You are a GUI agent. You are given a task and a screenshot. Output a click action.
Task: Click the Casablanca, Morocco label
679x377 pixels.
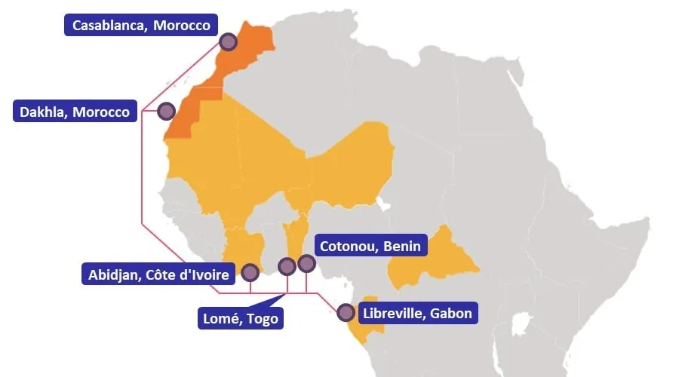(x=141, y=25)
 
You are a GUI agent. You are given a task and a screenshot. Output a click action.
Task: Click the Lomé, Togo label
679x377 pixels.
(x=241, y=319)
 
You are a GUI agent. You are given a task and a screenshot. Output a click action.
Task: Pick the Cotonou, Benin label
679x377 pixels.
(x=370, y=247)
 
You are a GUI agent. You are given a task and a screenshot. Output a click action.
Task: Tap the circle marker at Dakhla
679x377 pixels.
(x=166, y=112)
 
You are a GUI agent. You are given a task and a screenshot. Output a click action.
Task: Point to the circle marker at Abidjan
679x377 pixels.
(x=250, y=272)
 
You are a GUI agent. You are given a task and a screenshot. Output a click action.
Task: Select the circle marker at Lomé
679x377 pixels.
(x=287, y=266)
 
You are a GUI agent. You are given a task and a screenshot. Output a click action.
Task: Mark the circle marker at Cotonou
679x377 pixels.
(x=306, y=263)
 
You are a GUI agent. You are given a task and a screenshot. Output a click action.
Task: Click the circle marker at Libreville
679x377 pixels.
(x=346, y=311)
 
